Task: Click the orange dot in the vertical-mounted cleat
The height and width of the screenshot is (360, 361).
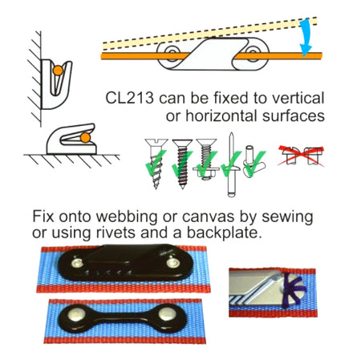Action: [58, 73]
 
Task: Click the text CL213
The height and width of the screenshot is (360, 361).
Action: [132, 99]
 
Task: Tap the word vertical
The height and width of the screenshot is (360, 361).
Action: [296, 99]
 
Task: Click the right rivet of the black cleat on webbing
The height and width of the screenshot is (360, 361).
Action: [173, 261]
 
